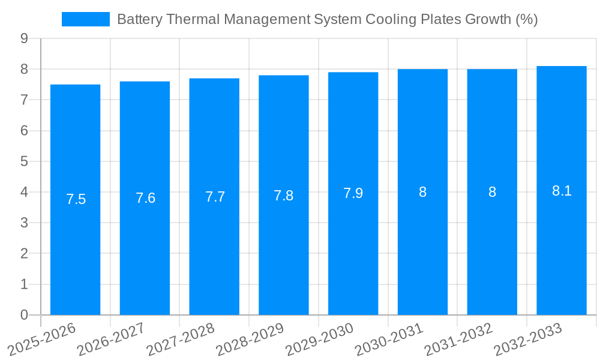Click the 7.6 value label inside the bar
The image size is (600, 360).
145,198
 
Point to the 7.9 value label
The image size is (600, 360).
353,193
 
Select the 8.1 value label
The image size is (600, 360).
562,191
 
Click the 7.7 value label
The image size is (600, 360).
215,197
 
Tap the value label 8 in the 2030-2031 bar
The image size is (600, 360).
422,192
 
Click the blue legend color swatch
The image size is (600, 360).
86,19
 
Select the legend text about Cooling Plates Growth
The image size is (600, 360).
327,19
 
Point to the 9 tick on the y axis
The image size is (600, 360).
24,38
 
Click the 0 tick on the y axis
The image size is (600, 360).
24,315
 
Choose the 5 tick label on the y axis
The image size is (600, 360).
24,161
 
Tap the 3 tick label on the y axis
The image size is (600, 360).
24,223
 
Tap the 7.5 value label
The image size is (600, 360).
76,199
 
